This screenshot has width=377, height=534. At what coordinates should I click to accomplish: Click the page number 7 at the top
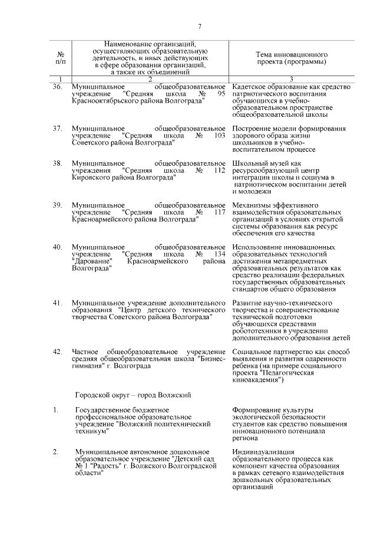[x=200, y=27]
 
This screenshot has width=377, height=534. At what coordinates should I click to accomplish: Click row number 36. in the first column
[x=58, y=87]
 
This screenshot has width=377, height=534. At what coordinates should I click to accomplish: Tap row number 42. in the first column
[x=58, y=351]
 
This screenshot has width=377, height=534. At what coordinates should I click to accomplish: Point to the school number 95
[x=221, y=94]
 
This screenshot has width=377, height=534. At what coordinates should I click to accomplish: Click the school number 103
[x=220, y=135]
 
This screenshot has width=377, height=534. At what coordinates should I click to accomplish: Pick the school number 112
[x=220, y=170]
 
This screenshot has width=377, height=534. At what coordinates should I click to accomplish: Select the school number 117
[x=220, y=211]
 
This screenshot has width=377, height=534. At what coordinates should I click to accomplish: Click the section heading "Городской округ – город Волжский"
[x=133, y=394]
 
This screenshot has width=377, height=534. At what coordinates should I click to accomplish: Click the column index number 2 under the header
[x=150, y=79]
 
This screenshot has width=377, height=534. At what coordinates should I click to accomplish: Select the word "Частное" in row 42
[x=85, y=351]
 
